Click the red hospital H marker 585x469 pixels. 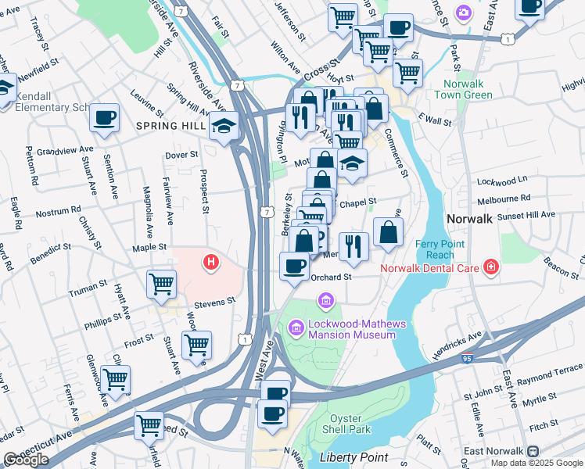point(210,263)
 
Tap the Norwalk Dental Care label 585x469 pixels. point(429,269)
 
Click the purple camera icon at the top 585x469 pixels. point(464,12)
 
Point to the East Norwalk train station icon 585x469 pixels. point(533,452)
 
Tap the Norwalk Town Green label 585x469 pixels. point(468,89)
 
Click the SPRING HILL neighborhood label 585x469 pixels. point(168,125)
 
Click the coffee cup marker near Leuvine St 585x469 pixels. point(104,118)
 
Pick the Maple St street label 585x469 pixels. point(150,247)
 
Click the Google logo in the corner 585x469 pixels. point(26,460)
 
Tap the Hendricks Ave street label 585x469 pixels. point(457,346)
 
